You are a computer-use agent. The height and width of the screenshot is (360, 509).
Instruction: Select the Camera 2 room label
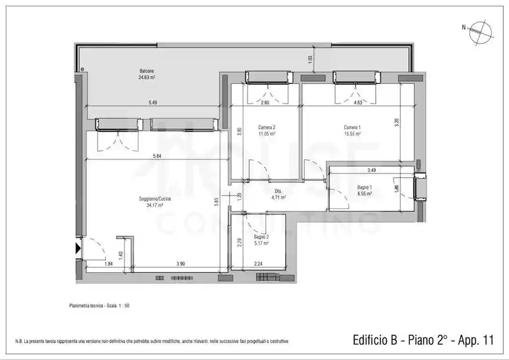(x=266, y=127)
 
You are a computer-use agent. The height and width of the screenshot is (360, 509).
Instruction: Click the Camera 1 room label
(x=352, y=127)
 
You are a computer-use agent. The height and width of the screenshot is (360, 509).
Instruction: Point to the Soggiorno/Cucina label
(x=155, y=199)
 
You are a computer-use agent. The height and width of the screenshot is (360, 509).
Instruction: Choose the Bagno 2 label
(x=261, y=237)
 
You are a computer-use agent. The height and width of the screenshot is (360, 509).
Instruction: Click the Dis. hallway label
(x=278, y=191)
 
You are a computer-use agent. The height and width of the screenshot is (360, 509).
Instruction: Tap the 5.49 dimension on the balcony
(x=154, y=103)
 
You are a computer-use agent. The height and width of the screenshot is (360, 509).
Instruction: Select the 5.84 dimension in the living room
(x=151, y=156)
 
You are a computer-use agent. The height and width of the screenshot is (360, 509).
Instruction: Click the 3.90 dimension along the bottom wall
(x=181, y=264)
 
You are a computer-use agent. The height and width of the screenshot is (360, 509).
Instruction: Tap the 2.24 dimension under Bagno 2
(x=258, y=264)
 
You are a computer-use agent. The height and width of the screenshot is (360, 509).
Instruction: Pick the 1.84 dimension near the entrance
(x=108, y=264)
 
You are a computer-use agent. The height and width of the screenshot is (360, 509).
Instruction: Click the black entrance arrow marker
(x=78, y=248)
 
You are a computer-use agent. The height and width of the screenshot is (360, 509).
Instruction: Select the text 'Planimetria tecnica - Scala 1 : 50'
(x=99, y=306)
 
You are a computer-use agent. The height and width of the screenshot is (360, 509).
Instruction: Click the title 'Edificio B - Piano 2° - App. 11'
(x=423, y=340)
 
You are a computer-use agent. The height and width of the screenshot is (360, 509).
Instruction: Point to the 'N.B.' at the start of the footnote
(x=19, y=341)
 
